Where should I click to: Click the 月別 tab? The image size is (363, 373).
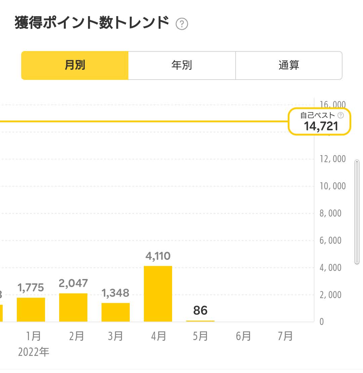coord(75,65)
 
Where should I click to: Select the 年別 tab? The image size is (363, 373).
coord(182,65)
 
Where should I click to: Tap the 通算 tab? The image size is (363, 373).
coord(289,65)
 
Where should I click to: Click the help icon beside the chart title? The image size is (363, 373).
coord(182,24)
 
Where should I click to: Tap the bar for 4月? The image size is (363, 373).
coord(158,294)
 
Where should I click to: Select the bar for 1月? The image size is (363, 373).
coord(31,310)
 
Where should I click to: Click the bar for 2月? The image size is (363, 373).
coord(73,308)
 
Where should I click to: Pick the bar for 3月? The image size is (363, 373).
coord(116,312)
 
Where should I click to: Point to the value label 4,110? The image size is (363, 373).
coord(158,257)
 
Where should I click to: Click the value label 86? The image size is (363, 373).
coord(200,311)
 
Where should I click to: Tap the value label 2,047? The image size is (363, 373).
coord(73,283)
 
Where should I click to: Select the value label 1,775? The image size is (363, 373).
coord(31,288)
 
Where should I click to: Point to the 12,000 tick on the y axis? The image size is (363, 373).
coord(333,159)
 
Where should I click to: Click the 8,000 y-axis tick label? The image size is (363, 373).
coord(330,213)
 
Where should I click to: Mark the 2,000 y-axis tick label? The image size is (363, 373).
coord(330,295)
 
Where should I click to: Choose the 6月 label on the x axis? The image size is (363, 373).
coord(243,336)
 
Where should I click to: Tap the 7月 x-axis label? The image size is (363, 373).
coord(285,336)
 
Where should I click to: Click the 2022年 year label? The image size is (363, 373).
coord(34,352)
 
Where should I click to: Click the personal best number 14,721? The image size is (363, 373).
coord(321,126)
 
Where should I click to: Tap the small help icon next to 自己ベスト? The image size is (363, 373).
coord(341,115)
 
